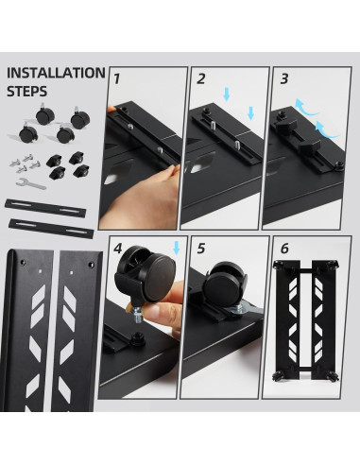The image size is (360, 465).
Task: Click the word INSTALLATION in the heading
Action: point(56,72)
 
